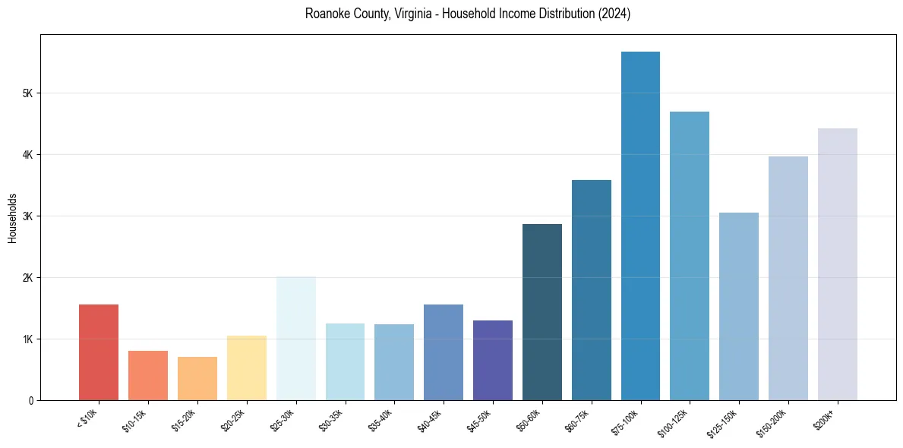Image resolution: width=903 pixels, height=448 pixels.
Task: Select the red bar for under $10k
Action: coord(99,352)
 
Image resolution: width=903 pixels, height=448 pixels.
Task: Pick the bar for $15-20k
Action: coord(197,378)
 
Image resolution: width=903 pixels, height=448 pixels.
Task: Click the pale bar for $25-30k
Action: coord(295,339)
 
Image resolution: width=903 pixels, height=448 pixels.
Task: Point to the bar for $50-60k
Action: coord(542,312)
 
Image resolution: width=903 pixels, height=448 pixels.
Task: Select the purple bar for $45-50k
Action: coord(493,360)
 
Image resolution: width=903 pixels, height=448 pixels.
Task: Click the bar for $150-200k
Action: coord(788,278)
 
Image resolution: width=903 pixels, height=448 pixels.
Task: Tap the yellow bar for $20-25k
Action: coord(247,368)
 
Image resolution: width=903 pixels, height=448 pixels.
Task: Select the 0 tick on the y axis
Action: coord(30,400)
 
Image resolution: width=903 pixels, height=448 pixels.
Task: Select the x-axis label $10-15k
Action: coord(137,419)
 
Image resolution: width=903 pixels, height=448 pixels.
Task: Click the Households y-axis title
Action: coord(12,218)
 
